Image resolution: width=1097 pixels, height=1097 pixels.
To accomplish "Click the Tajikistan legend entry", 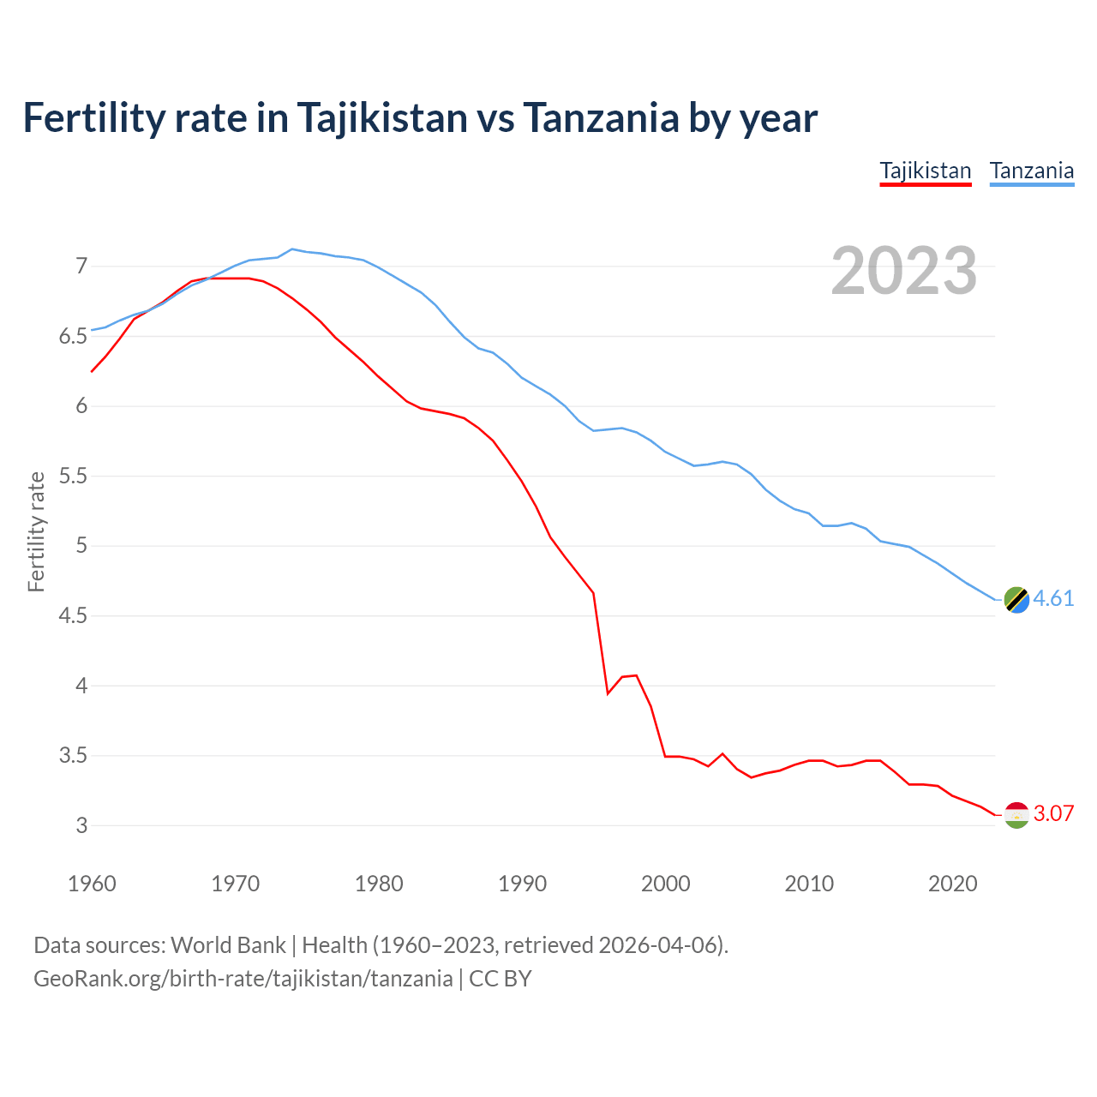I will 926,171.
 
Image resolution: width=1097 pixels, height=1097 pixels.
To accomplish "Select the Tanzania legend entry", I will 1032,171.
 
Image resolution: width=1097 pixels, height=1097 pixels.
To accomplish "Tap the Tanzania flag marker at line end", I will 1016,600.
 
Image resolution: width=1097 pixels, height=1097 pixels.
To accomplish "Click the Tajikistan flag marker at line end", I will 1016,815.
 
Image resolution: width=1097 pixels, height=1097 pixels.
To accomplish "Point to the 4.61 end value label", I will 1053,599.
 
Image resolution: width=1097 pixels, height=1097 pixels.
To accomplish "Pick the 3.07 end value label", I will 1053,814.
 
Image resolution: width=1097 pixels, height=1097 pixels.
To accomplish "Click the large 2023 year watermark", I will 904,272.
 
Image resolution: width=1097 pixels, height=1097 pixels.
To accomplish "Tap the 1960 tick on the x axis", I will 92,884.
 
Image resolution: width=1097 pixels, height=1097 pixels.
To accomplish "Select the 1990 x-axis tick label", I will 522,884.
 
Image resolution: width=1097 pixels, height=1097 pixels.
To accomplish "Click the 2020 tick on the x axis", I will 952,884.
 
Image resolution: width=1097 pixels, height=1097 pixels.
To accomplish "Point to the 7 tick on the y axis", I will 81,267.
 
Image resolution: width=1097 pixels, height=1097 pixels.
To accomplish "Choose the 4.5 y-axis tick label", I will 74,616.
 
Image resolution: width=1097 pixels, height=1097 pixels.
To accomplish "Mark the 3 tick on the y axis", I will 81,826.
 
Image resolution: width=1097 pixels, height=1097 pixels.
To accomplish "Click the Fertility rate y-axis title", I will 36,531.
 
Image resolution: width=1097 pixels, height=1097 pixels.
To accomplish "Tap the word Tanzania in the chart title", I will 601,118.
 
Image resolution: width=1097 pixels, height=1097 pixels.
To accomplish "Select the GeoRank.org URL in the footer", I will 243,979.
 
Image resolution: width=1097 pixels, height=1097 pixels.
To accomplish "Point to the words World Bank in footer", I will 228,945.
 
